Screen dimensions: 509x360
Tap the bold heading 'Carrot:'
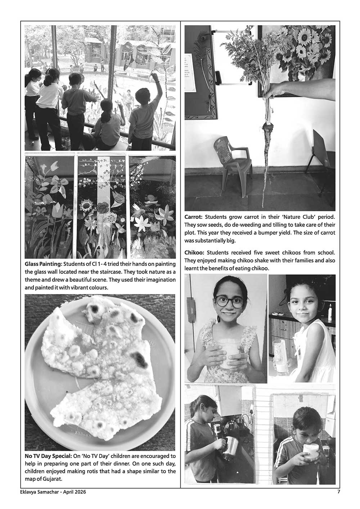point(194,217)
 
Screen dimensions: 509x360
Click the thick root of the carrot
point(267,144)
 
